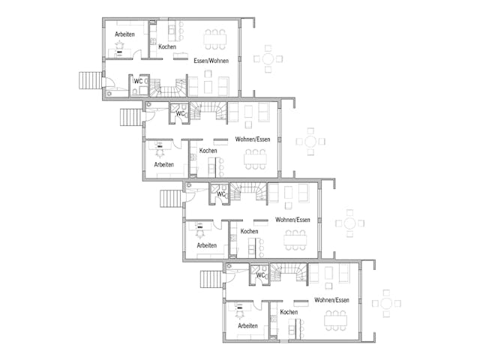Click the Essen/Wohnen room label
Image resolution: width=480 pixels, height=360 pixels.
click(x=211, y=60)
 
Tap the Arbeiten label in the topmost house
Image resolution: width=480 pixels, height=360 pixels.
click(x=125, y=34)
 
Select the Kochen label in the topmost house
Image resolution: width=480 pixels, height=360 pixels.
click(x=167, y=47)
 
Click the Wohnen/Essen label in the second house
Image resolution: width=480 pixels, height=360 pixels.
click(x=252, y=139)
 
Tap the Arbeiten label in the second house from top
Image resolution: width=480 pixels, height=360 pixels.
click(x=164, y=164)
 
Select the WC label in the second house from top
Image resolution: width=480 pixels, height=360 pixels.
click(x=180, y=114)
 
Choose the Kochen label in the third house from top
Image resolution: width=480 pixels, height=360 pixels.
click(x=249, y=231)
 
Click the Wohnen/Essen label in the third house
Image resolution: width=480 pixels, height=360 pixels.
click(x=292, y=219)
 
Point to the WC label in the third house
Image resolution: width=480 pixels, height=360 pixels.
click(x=221, y=194)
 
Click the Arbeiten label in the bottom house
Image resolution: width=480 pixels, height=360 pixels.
click(x=247, y=325)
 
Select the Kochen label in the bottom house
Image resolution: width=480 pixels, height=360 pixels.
click(x=289, y=312)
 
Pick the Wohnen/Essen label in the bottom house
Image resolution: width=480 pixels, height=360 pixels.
click(x=331, y=300)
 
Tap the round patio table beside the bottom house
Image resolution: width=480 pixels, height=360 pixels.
click(x=387, y=303)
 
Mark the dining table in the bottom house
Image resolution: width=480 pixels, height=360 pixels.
click(x=334, y=320)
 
